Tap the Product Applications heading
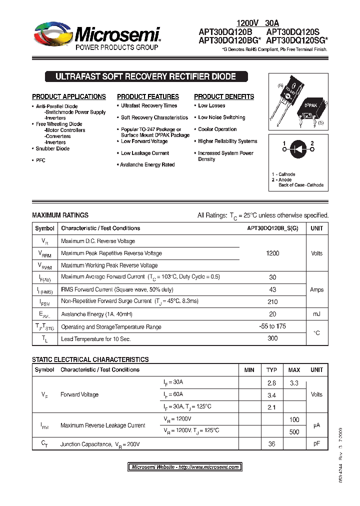pos(69,96)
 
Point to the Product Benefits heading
pos(224,96)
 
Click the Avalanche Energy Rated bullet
pos(147,164)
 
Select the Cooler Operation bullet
pos(217,129)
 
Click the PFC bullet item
pos(40,160)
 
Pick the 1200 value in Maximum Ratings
pos(272,253)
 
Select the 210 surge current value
pos(272,301)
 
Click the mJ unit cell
pos(316,314)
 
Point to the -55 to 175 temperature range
pos(272,326)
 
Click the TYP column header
pos(271,370)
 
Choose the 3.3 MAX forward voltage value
pos(294,382)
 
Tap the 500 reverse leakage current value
pos(294,431)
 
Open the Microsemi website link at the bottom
pos(184,467)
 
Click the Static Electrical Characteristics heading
pos(90,359)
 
